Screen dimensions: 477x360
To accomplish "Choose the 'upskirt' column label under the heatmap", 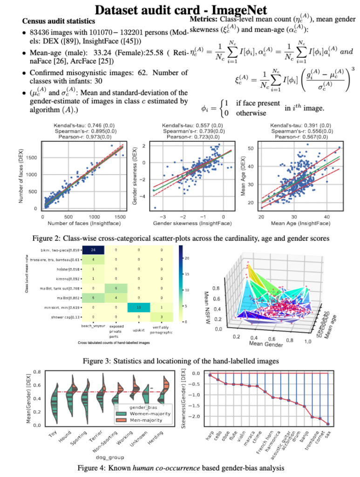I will (139, 328).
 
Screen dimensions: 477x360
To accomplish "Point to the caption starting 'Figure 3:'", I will (181, 361).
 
